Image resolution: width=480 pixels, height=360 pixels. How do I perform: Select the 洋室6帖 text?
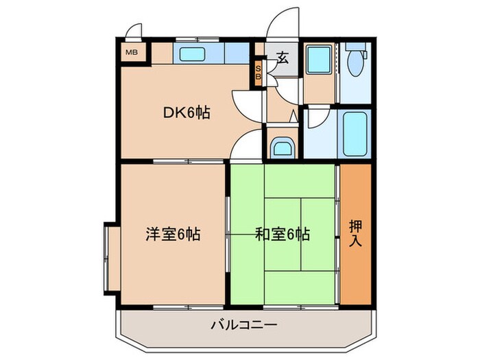(173, 235)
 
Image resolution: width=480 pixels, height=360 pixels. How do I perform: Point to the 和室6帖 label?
(283, 235)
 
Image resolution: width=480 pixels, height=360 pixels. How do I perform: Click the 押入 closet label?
(355, 233)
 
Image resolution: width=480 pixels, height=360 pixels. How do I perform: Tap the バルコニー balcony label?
(244, 324)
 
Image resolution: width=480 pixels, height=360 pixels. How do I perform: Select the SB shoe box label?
(259, 73)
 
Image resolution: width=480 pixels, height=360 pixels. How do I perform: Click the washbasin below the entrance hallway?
(282, 147)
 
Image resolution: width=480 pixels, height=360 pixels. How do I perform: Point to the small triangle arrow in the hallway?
(293, 117)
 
